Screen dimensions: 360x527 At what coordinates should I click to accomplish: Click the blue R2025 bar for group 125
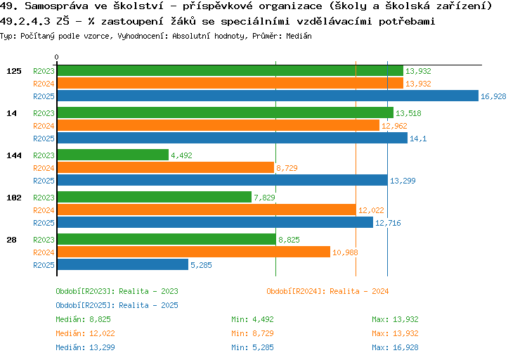pyautogui.click(x=268, y=96)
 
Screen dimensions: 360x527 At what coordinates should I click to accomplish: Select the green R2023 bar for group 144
pyautogui.click(x=112, y=155)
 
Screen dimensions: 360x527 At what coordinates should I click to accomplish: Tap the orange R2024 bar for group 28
pyautogui.click(x=193, y=252)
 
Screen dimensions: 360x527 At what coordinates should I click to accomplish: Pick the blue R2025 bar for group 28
pyautogui.click(x=122, y=265)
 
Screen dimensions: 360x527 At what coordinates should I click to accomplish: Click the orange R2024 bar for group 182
pyautogui.click(x=206, y=210)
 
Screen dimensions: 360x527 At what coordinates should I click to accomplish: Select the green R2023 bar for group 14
pyautogui.click(x=225, y=113)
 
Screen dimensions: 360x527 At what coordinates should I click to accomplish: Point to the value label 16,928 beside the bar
pyautogui.click(x=493, y=96)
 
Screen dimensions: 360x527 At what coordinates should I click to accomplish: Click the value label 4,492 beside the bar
pyautogui.click(x=181, y=155)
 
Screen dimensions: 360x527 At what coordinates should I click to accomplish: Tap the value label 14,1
pyautogui.click(x=418, y=139)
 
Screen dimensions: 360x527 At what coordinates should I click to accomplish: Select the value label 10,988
pyautogui.click(x=345, y=252)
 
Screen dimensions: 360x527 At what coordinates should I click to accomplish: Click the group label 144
pyautogui.click(x=13, y=155)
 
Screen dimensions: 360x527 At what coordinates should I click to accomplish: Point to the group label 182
pyautogui.click(x=13, y=198)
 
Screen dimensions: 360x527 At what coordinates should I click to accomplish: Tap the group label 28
pyautogui.click(x=11, y=240)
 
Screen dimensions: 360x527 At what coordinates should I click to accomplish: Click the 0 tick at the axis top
pyautogui.click(x=57, y=57)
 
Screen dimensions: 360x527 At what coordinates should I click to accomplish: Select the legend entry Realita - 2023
pyautogui.click(x=117, y=291)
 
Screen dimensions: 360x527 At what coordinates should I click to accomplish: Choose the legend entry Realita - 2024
pyautogui.click(x=327, y=291)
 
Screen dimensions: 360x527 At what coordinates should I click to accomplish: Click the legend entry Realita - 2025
pyautogui.click(x=117, y=305)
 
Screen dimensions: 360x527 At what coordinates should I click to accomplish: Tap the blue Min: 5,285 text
pyautogui.click(x=252, y=347)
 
